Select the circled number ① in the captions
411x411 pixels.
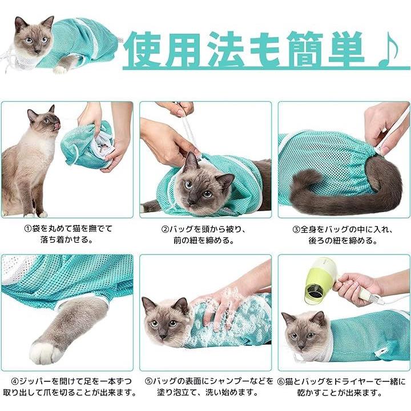28,229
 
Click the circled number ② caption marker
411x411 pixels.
165,229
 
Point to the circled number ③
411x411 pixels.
296,229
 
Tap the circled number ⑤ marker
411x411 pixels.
148,381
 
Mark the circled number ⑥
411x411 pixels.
281,381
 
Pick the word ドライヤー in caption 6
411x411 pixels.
348,381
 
